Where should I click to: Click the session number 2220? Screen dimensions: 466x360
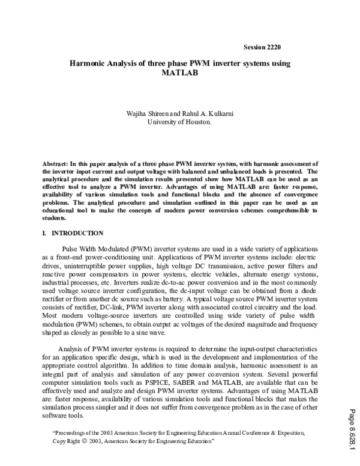[272, 46]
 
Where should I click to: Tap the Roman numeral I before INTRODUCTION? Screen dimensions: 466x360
[45, 233]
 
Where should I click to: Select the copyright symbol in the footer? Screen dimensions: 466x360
[84, 441]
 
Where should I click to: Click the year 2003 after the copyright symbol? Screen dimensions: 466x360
[98, 441]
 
